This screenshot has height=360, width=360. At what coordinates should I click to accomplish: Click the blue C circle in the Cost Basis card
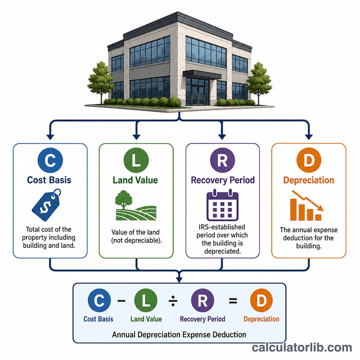pos(50,160)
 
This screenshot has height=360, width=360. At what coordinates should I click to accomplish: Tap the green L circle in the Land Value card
pos(136,160)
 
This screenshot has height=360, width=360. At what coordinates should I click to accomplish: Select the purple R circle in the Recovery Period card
pos(222,160)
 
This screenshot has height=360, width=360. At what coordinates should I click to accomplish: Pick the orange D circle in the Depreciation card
pos(309,160)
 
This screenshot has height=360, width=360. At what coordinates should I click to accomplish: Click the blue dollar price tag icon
pos(47,205)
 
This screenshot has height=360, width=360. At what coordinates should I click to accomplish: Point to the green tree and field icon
pos(136,206)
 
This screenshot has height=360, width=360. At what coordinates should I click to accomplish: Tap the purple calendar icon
pos(222,205)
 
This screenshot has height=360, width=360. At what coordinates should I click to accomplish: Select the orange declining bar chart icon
pos(307,206)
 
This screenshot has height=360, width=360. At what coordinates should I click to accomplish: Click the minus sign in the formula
pos(121,300)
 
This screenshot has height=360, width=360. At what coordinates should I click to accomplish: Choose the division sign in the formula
pos(173,301)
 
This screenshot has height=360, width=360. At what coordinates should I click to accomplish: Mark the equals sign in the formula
pos(233,301)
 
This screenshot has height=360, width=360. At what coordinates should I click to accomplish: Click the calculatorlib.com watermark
pos(302,347)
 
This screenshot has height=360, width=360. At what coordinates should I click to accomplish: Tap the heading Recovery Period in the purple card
pos(223,180)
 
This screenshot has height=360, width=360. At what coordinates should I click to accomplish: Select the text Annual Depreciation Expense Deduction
pos(179,334)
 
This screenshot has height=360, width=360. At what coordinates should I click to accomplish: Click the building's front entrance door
pos(198,95)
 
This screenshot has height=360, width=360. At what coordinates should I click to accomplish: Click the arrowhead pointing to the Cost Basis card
pos(50,137)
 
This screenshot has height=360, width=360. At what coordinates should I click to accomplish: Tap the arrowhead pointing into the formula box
pos(179,279)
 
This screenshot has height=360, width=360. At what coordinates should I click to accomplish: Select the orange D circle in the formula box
pos(261,300)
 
